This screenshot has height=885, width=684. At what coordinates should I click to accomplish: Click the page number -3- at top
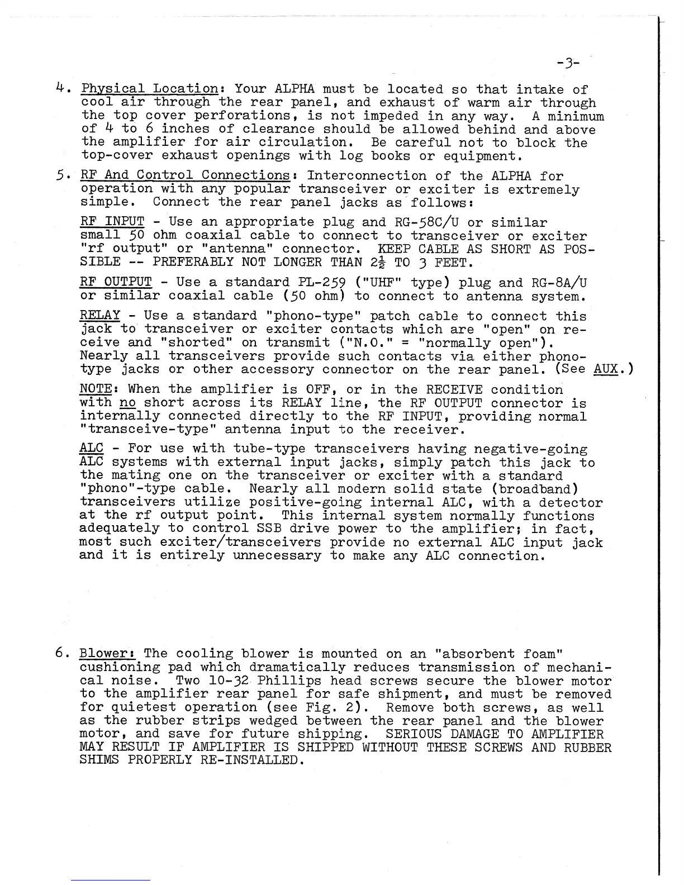click(568, 63)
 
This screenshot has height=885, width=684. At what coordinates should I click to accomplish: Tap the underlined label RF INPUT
click(112, 222)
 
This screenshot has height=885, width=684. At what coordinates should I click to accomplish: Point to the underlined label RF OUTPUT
click(116, 283)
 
